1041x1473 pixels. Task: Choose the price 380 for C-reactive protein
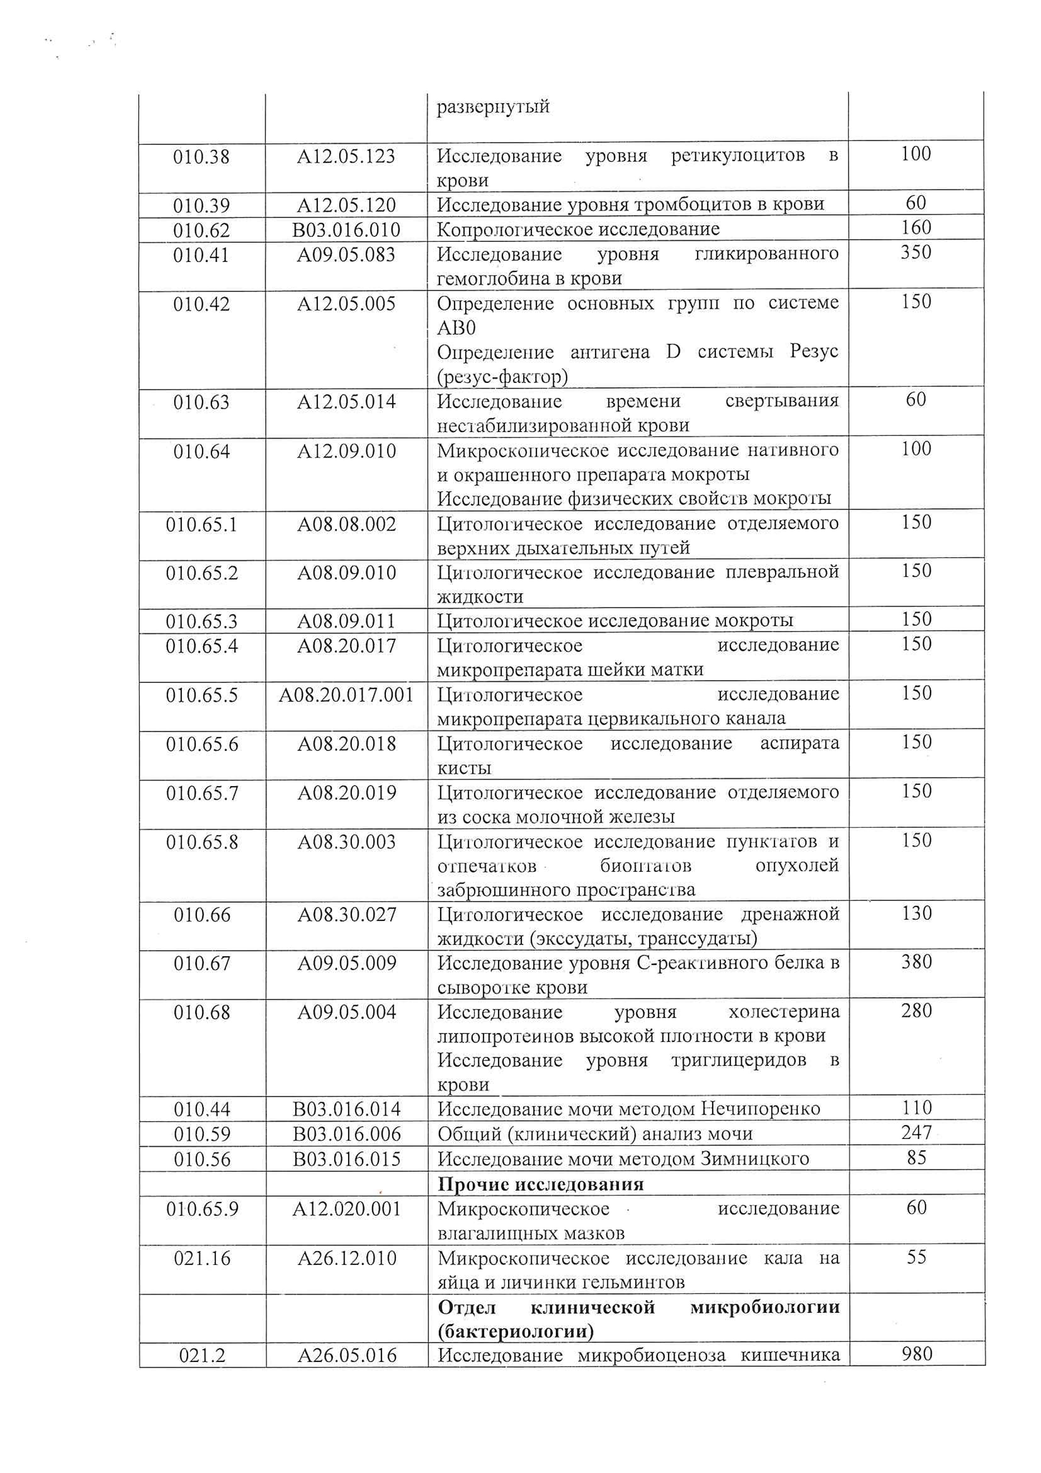click(x=916, y=962)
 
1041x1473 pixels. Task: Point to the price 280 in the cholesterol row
click(x=916, y=1011)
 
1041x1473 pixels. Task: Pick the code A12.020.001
click(x=346, y=1209)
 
